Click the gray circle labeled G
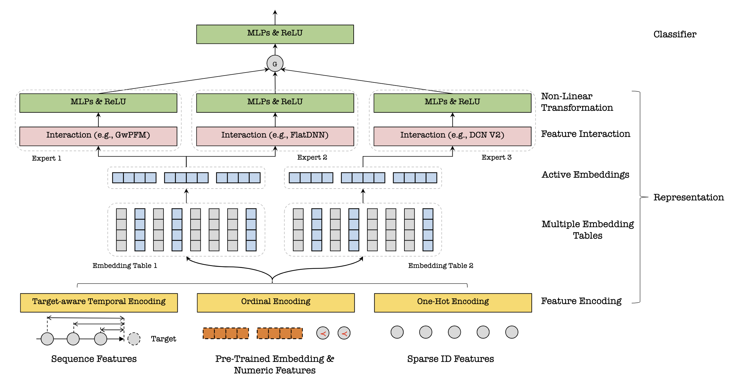[x=275, y=63]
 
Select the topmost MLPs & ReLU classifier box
[x=275, y=34]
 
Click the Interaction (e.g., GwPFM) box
[x=98, y=136]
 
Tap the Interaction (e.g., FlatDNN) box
[x=275, y=136]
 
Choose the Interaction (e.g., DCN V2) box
[x=452, y=136]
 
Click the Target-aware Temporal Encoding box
[x=99, y=302]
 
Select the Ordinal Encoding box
[x=276, y=302]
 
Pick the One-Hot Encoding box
[x=453, y=302]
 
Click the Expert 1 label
[x=46, y=158]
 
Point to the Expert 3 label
[x=496, y=157]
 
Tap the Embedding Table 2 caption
[x=441, y=265]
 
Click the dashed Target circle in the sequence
[x=134, y=339]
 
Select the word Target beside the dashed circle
[x=163, y=339]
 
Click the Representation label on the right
[x=688, y=197]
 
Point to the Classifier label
[x=675, y=34]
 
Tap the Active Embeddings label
[x=585, y=175]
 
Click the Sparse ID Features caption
[x=450, y=359]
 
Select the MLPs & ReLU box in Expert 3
[x=452, y=103]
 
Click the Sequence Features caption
[x=94, y=359]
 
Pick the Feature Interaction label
[x=585, y=134]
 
